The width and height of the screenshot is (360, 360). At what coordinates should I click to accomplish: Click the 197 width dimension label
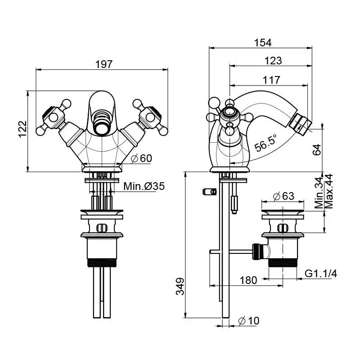tap(103, 64)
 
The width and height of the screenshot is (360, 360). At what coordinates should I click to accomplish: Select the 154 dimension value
tap(263, 42)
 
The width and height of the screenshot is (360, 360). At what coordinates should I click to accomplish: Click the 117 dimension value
tap(271, 80)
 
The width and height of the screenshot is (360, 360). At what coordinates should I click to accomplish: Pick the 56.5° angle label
tap(265, 143)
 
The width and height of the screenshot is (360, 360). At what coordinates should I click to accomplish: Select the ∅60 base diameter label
tap(141, 158)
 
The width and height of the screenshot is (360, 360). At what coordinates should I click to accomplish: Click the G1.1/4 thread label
tap(321, 274)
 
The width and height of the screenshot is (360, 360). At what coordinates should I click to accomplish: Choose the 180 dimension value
tap(248, 280)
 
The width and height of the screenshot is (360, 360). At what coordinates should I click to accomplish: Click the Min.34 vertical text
tap(319, 193)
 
